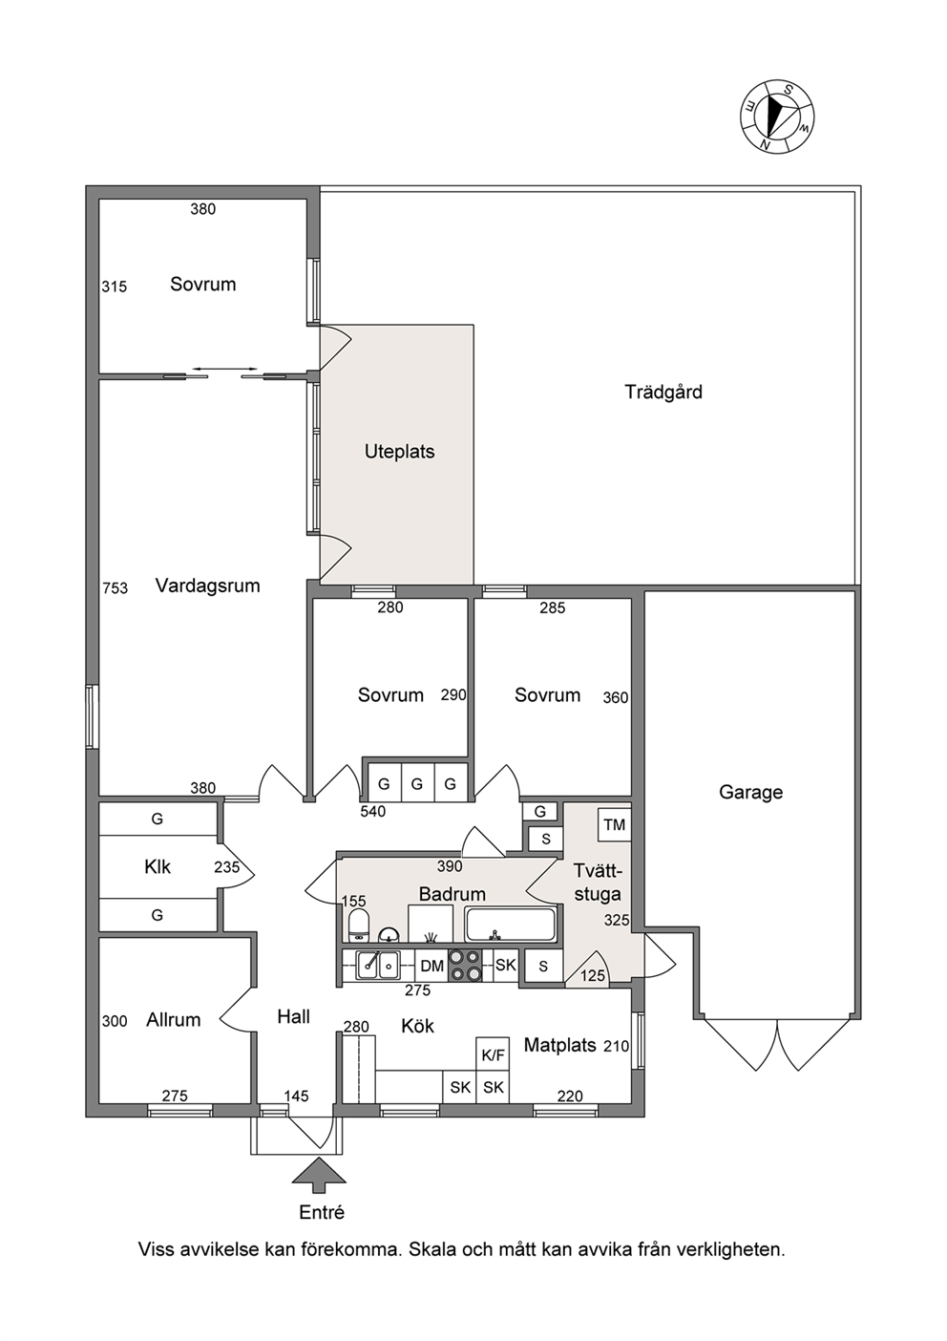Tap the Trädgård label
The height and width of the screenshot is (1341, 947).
click(663, 393)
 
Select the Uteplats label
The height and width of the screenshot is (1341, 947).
click(400, 452)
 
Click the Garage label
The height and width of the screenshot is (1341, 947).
click(750, 792)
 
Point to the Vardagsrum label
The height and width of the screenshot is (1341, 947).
click(207, 585)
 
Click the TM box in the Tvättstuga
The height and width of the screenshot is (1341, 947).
click(615, 825)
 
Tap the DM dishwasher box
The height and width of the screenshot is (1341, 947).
click(431, 965)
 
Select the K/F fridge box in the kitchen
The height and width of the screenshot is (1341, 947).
click(493, 1054)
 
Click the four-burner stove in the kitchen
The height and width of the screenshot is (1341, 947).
click(466, 966)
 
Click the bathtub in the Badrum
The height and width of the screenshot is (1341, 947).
click(511, 925)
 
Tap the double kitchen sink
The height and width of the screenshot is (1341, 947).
click(378, 965)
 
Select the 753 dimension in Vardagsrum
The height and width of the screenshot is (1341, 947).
click(115, 588)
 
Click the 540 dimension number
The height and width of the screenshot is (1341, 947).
click(372, 812)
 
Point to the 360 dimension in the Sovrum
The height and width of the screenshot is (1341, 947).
click(616, 697)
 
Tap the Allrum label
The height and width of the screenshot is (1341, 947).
click(174, 1019)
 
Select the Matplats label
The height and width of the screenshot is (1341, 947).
click(560, 1045)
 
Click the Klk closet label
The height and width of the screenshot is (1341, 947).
click(158, 866)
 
